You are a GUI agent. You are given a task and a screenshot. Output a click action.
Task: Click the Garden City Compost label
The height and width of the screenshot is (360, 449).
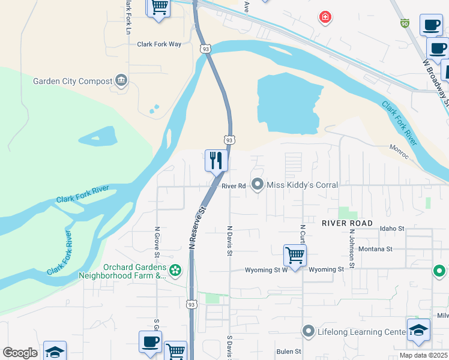click(72, 81)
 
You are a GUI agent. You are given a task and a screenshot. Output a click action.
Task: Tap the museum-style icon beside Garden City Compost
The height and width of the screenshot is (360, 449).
click(122, 80)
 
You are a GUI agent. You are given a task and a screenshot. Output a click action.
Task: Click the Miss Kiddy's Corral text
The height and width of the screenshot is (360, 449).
click(302, 185)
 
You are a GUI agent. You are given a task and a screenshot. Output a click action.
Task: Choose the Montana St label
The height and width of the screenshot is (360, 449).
click(375, 248)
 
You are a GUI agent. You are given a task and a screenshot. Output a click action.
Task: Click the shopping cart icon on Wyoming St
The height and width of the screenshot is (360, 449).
click(295, 255)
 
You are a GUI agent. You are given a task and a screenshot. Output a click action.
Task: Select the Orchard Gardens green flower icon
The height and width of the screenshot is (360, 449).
click(175, 271)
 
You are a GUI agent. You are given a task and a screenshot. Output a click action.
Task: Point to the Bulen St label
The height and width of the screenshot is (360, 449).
click(289, 352)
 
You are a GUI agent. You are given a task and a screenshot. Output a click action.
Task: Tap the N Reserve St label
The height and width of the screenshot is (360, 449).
click(197, 227)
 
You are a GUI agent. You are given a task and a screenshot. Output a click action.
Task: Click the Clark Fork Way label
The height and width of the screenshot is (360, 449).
click(159, 44)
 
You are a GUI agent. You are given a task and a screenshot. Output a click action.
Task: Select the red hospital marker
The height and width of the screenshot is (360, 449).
click(325, 17)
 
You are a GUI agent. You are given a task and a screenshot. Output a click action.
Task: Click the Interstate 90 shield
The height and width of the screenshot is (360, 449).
click(405, 23)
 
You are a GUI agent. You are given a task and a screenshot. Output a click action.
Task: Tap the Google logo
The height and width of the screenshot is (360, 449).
click(20, 353)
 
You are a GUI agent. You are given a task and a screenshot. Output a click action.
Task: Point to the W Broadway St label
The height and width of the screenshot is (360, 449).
click(436, 80)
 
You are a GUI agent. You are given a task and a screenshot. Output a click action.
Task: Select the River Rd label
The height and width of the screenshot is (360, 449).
click(234, 186)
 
